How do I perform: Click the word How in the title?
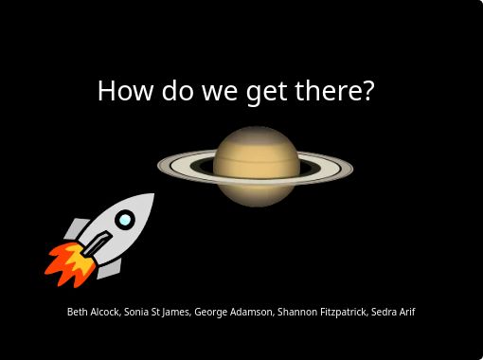pyautogui.click(x=121, y=91)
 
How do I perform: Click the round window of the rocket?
pyautogui.click(x=124, y=221)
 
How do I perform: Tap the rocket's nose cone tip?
pyautogui.click(x=151, y=196)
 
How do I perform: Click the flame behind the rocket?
pyautogui.click(x=66, y=263)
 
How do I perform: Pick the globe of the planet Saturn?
pyautogui.click(x=255, y=166)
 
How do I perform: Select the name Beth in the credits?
pyautogui.click(x=77, y=312)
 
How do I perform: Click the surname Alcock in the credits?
pyautogui.click(x=104, y=312)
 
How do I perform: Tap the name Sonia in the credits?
pyautogui.click(x=138, y=312)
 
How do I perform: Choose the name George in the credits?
pyautogui.click(x=211, y=312)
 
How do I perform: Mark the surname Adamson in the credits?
pyautogui.click(x=251, y=312)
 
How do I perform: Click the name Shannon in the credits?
pyautogui.click(x=297, y=312)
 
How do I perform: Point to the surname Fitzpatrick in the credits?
pyautogui.click(x=344, y=312)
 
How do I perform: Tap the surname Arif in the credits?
pyautogui.click(x=408, y=312)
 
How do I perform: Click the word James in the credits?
pyautogui.click(x=177, y=312)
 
